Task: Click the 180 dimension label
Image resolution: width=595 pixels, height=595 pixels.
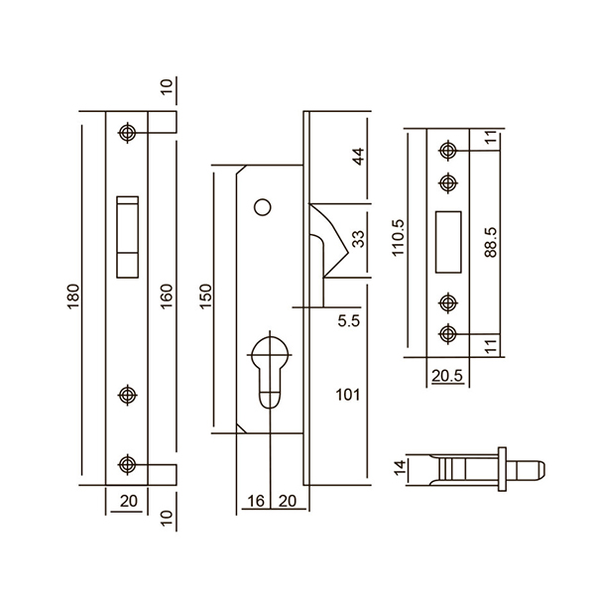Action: [73, 296]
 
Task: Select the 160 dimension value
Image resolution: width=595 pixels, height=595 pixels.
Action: [167, 296]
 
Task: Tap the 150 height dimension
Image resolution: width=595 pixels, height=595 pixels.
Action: [205, 296]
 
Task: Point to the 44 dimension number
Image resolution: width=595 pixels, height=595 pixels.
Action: [358, 156]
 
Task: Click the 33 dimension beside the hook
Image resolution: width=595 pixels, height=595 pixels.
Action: [358, 239]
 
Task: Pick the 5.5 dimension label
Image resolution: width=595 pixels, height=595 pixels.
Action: [348, 321]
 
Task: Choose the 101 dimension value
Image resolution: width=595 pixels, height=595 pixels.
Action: [348, 395]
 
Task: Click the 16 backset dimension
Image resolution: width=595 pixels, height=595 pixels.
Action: [256, 501]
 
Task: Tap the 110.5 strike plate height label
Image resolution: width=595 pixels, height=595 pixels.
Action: [399, 238]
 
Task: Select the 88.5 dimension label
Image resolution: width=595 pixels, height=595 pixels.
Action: [491, 243]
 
